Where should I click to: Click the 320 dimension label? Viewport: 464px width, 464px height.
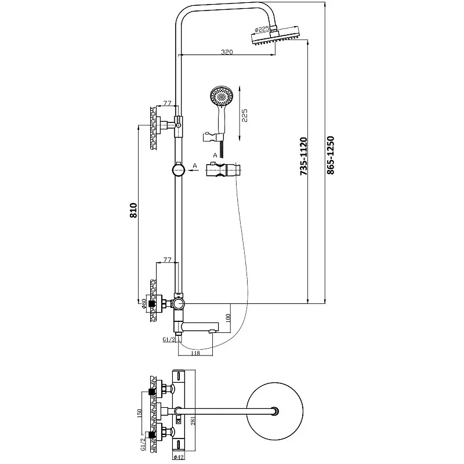point(227,52)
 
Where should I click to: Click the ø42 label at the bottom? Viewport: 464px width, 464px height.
point(179,457)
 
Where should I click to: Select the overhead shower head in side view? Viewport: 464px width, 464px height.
point(275,38)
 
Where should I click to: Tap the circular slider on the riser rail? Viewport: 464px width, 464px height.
point(179,171)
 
